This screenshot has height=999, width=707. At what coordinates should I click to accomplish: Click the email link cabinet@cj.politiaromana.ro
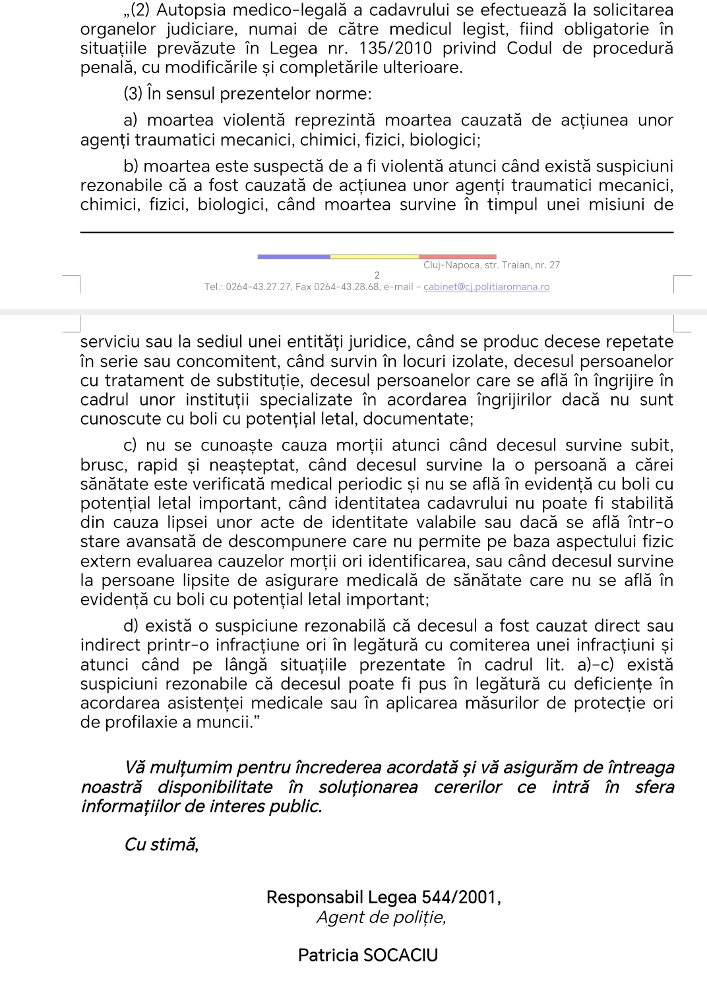click(x=486, y=287)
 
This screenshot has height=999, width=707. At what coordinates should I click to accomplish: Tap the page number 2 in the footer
click(x=377, y=275)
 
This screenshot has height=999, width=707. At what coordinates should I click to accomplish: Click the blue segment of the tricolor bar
click(x=293, y=257)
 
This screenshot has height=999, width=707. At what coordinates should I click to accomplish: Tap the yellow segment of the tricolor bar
click(x=374, y=257)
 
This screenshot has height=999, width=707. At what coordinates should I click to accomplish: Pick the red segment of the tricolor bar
click(x=457, y=257)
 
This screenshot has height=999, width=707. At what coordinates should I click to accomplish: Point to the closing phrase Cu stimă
click(x=162, y=845)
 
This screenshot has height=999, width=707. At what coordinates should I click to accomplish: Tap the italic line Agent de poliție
click(x=381, y=917)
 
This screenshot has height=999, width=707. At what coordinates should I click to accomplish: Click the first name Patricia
click(x=327, y=955)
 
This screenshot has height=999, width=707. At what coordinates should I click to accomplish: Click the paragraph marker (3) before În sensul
click(x=133, y=94)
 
